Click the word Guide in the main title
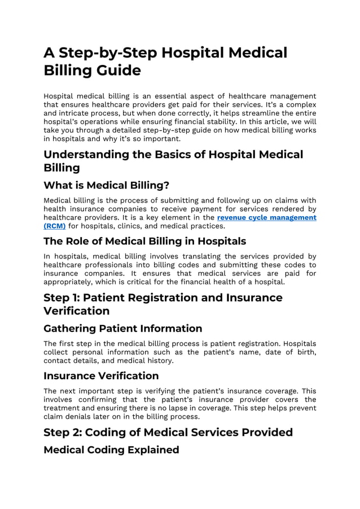point(117,71)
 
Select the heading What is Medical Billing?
point(106,185)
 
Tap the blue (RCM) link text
point(55,226)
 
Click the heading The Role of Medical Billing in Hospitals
point(144,241)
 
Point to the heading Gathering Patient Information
point(122,328)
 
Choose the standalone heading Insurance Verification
point(101,375)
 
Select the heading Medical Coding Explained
point(111,450)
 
